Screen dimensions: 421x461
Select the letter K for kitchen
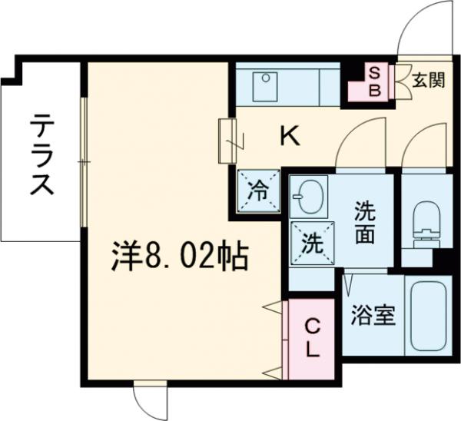(x=289, y=138)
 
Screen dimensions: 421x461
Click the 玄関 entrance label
(x=428, y=79)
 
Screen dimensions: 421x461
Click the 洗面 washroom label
(x=365, y=222)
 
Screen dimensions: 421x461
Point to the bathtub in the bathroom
(x=428, y=317)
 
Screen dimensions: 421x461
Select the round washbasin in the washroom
(x=309, y=198)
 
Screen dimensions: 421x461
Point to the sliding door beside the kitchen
(x=227, y=141)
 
